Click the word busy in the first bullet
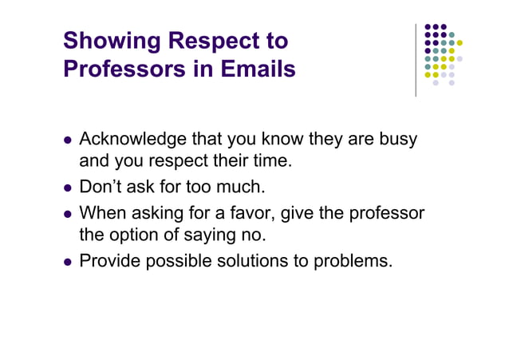click(397, 140)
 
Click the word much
click(242, 188)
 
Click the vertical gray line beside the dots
click(416, 60)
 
